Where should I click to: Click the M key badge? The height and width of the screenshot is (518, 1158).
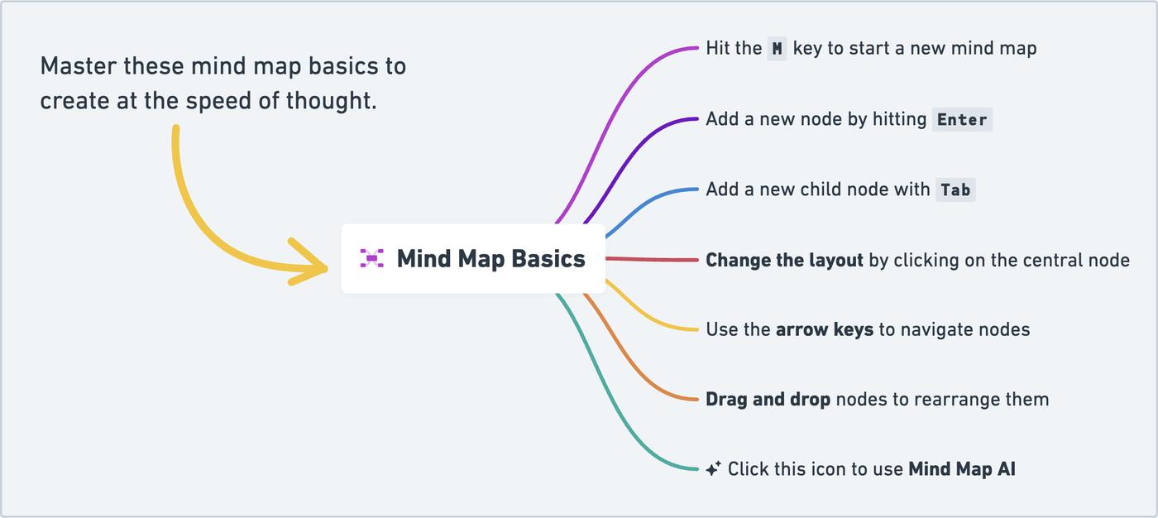click(x=777, y=49)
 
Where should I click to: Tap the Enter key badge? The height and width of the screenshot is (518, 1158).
click(x=962, y=119)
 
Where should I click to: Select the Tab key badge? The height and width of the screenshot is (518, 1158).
click(x=955, y=189)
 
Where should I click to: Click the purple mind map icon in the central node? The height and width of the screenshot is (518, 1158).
click(x=371, y=258)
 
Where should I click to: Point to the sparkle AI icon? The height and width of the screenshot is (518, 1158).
click(x=713, y=468)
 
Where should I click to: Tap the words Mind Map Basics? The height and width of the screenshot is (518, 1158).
click(x=490, y=258)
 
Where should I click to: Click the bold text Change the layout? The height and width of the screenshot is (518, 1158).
click(x=784, y=260)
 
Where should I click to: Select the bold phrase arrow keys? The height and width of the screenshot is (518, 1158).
click(x=825, y=330)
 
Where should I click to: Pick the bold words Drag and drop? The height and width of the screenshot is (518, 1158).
click(x=768, y=400)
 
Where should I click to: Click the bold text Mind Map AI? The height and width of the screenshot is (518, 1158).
click(x=962, y=469)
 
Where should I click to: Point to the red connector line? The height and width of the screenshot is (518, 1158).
click(x=652, y=259)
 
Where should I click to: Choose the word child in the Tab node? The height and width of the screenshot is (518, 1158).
click(x=823, y=189)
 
